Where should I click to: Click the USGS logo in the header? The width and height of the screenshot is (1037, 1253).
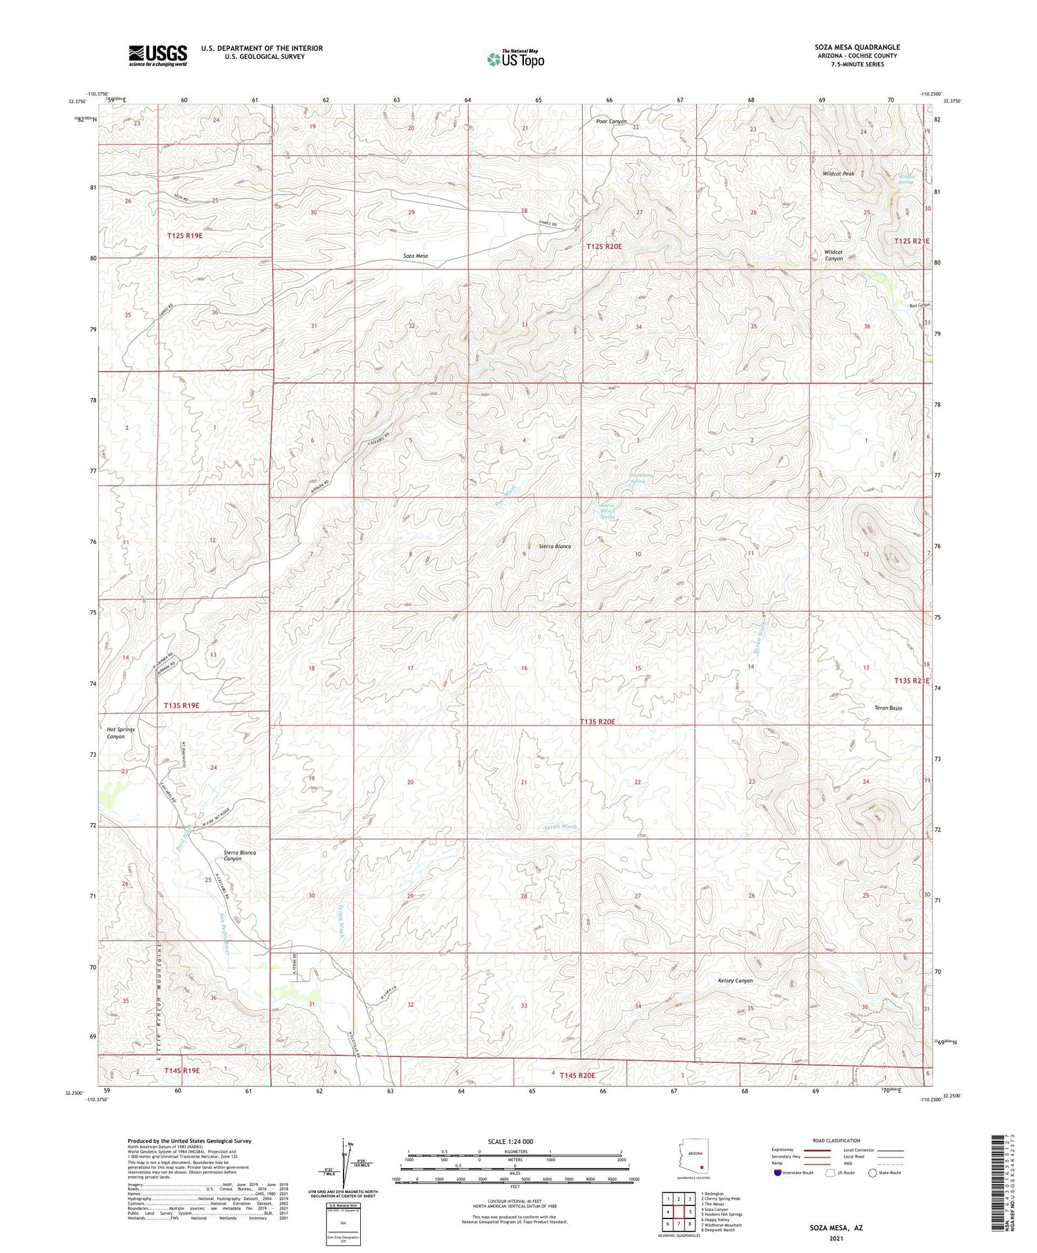pyautogui.click(x=158, y=55)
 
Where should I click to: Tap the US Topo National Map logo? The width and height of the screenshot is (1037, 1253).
pyautogui.click(x=515, y=59)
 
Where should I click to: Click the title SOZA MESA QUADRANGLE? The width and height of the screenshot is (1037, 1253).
pyautogui.click(x=857, y=47)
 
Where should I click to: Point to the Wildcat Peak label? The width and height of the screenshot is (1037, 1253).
pyautogui.click(x=838, y=173)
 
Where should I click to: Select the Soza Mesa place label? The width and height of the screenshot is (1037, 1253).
pyautogui.click(x=415, y=256)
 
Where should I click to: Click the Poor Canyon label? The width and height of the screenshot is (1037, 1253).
pyautogui.click(x=611, y=121)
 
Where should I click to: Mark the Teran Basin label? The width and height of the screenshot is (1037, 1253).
pyautogui.click(x=888, y=708)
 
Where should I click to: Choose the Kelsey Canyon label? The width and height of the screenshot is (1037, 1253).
pyautogui.click(x=735, y=980)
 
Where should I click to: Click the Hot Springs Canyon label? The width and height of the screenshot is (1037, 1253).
pyautogui.click(x=121, y=733)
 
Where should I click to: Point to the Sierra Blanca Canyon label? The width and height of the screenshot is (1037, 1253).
pyautogui.click(x=240, y=855)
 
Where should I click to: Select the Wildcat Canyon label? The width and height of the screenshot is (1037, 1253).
pyautogui.click(x=834, y=254)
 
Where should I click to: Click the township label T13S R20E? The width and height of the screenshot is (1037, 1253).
pyautogui.click(x=597, y=722)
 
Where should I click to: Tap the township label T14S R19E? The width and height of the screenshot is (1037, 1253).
pyautogui.click(x=182, y=1071)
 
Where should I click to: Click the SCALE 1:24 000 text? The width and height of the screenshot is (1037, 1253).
pyautogui.click(x=514, y=1141)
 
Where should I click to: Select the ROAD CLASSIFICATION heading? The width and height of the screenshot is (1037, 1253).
pyautogui.click(x=837, y=1140)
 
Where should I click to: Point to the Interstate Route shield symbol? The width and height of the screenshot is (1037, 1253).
pyautogui.click(x=779, y=1172)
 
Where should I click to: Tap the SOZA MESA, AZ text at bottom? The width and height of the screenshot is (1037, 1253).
pyautogui.click(x=837, y=1227)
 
